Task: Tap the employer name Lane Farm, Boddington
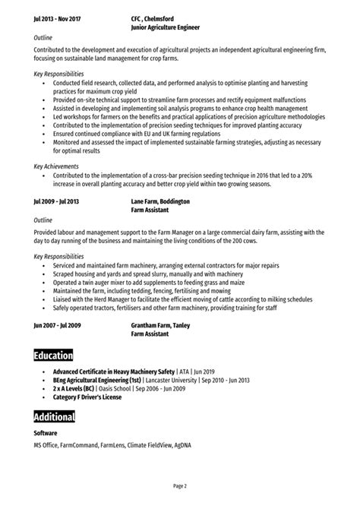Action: click(x=160, y=201)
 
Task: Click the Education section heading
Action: click(x=53, y=356)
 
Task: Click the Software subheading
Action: click(x=46, y=434)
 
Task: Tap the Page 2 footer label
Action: click(x=180, y=485)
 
